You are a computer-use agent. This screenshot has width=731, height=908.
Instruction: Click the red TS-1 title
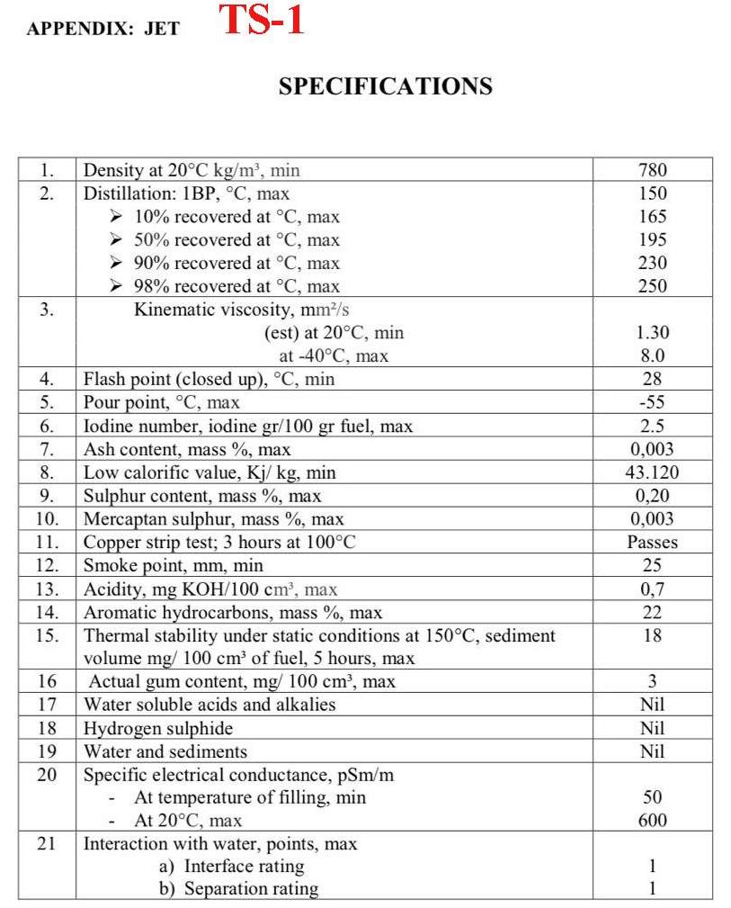point(262,21)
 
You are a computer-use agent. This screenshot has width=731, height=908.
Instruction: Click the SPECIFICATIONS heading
point(385,86)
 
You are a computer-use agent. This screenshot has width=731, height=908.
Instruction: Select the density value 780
point(652,170)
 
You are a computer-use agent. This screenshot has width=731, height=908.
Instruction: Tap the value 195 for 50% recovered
point(652,240)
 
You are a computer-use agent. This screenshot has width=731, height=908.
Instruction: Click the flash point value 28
point(652,379)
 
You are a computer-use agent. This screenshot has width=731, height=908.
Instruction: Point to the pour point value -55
point(652,402)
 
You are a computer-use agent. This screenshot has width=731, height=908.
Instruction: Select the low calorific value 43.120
point(652,472)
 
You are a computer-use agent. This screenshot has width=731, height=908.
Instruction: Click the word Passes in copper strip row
point(652,543)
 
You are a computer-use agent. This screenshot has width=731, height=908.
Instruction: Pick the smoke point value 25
point(652,566)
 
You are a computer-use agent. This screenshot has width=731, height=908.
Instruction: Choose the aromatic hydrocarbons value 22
point(652,613)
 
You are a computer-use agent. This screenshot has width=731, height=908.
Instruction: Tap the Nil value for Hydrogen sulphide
point(652,728)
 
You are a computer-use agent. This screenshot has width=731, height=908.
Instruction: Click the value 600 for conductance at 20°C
point(652,821)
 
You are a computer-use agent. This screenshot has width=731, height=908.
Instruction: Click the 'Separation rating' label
point(251,889)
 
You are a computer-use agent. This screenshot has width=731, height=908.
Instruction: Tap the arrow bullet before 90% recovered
point(115,264)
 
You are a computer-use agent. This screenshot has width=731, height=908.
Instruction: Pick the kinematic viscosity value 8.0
point(652,356)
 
